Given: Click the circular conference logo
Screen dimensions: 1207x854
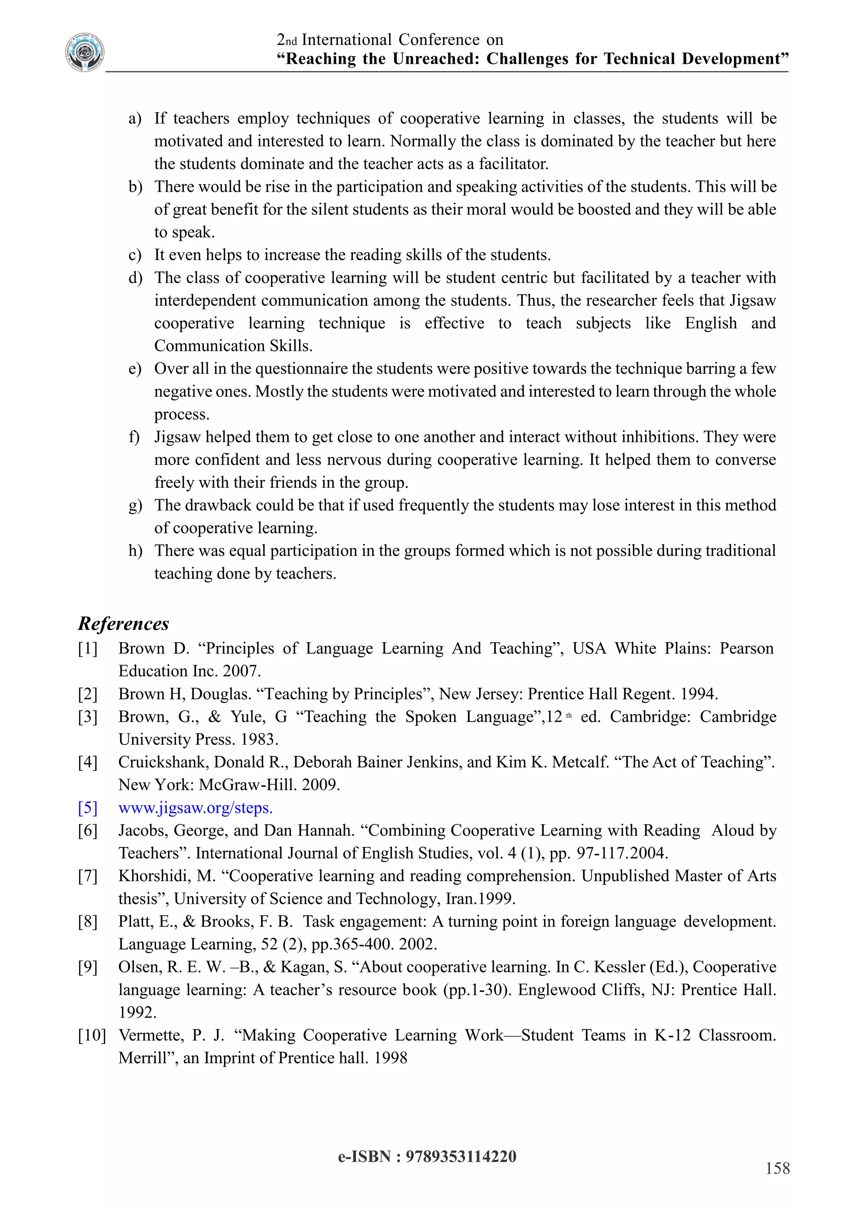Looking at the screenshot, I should [85, 53].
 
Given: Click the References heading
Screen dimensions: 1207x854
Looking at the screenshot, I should [123, 624].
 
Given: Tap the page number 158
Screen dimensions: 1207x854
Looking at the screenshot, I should [777, 1168].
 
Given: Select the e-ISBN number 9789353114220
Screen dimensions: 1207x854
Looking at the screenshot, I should [461, 1157].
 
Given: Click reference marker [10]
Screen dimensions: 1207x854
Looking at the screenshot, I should [91, 1035].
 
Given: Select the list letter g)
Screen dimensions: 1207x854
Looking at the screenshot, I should [135, 505].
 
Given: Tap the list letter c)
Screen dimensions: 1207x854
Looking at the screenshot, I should [135, 255].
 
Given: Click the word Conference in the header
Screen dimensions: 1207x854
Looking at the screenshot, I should [439, 40].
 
